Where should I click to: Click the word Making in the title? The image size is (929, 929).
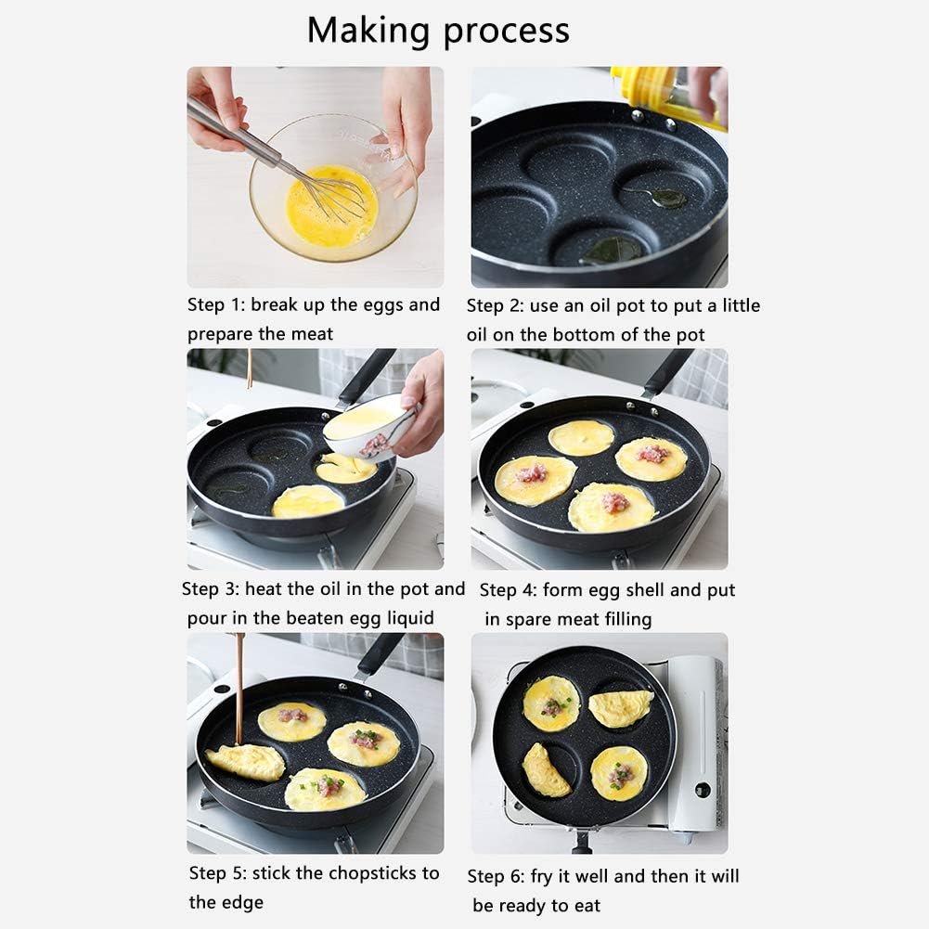[x=368, y=31]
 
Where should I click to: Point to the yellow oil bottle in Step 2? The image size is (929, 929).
[x=669, y=95]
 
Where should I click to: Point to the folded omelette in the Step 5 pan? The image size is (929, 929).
[x=245, y=762]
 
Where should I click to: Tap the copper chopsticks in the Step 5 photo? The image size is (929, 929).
[x=239, y=689]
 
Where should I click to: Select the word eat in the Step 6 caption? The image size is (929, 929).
[x=587, y=906]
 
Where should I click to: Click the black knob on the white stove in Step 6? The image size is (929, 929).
[x=703, y=790]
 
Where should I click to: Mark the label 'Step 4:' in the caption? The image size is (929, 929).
[x=508, y=590]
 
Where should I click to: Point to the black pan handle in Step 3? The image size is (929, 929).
[x=366, y=376]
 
